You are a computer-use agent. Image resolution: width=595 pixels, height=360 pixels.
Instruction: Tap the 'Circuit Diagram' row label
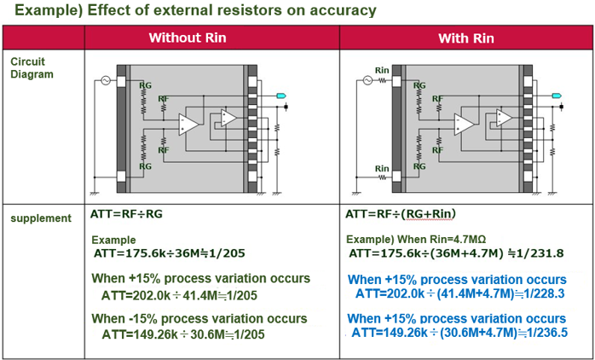click(31, 67)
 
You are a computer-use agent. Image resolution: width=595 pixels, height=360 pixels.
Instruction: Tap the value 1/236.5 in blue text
click(546, 332)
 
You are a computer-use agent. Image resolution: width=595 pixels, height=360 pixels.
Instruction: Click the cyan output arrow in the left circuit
click(283, 97)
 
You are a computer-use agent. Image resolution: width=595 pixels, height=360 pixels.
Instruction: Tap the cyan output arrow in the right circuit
click(557, 97)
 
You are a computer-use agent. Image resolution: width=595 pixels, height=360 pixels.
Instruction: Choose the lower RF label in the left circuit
click(164, 150)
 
